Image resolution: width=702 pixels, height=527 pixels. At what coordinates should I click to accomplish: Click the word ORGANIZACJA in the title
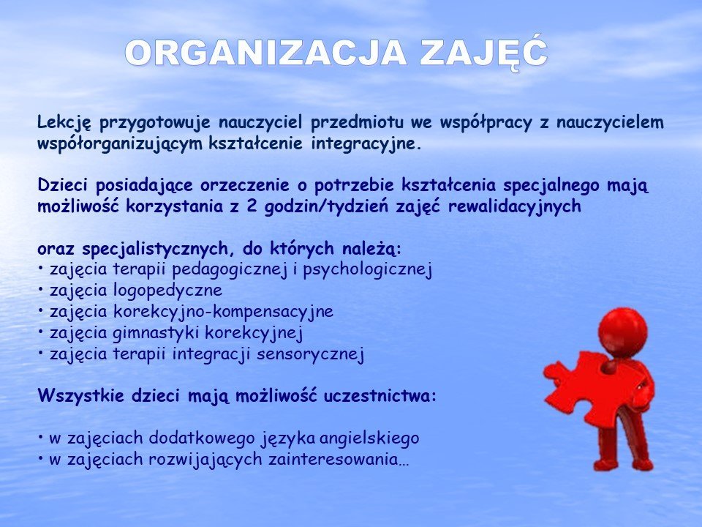(x=266, y=53)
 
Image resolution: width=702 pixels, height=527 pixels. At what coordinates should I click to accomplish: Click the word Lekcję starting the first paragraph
(x=64, y=123)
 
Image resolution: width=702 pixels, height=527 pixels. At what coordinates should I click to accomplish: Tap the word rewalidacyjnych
(x=514, y=207)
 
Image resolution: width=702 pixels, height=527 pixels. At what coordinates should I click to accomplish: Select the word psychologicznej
(x=367, y=270)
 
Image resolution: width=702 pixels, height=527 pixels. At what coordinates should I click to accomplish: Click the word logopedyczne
(x=168, y=291)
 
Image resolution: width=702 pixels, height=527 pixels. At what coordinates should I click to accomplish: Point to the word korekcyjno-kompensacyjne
(x=224, y=313)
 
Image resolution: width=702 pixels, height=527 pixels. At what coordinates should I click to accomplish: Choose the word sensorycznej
(x=310, y=354)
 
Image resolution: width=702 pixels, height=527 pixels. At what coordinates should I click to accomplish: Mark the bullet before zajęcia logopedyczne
(x=41, y=291)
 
